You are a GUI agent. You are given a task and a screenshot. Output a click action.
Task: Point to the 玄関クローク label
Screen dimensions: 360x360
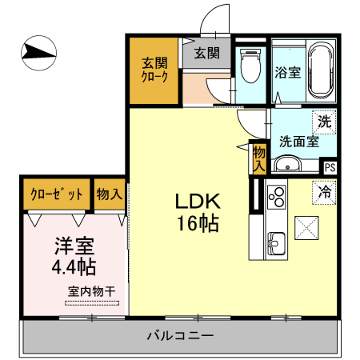tap(155, 70)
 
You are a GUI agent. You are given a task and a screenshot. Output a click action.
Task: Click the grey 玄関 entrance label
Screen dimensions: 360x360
tap(206, 54)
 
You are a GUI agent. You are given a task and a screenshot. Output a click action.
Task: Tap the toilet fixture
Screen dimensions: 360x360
tap(251, 66)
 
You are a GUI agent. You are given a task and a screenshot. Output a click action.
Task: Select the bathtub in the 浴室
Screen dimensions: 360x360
tap(321, 71)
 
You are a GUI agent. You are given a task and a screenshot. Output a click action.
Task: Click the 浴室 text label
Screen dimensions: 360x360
tap(287, 73)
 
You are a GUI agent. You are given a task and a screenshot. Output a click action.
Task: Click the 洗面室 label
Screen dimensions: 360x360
tap(299, 142)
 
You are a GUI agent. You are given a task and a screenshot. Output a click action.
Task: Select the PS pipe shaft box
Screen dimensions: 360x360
tap(330, 167)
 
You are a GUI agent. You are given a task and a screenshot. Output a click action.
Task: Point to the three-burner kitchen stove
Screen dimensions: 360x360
tap(277, 196)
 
